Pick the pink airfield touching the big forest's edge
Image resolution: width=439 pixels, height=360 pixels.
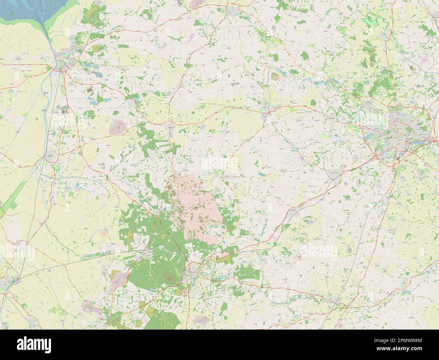coord(120,277)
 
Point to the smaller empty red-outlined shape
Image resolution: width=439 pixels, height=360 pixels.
coord(265,180)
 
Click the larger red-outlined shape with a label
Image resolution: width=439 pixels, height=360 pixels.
coord(299,258)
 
